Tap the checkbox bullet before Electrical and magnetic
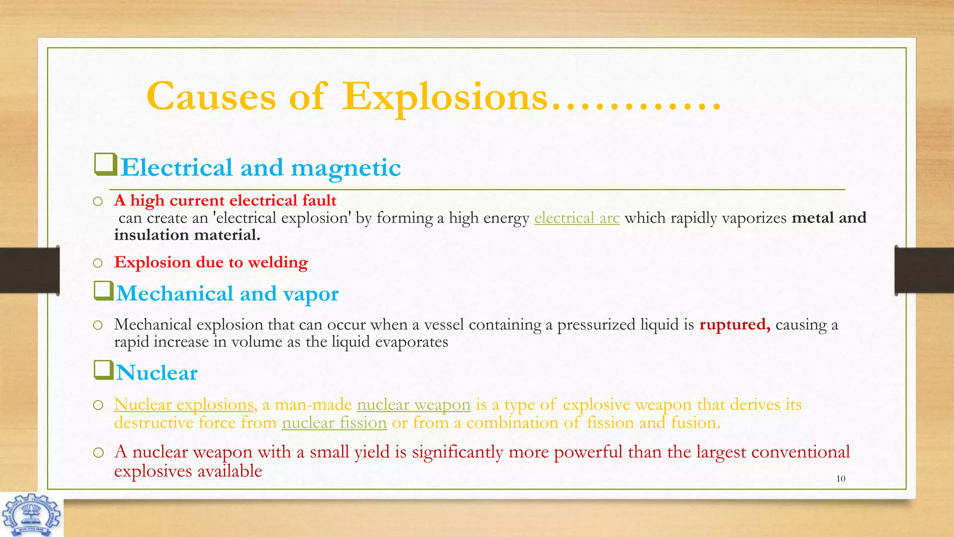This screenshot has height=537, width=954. [x=105, y=165]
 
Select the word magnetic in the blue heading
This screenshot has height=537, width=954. [x=346, y=168]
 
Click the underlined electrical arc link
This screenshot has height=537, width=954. [x=577, y=218]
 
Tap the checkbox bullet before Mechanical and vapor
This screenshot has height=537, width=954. [x=103, y=291]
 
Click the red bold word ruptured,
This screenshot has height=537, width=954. [x=735, y=324]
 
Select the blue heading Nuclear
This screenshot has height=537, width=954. [x=157, y=373]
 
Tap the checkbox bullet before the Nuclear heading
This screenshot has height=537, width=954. [x=103, y=371]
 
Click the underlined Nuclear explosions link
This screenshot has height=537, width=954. [x=184, y=405]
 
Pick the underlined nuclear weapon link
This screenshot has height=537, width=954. [x=414, y=405]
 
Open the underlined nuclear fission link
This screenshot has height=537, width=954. [x=334, y=423]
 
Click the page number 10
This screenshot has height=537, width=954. [x=840, y=479]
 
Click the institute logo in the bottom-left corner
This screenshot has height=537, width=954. [x=31, y=515]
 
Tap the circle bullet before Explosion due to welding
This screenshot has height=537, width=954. [x=97, y=263]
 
